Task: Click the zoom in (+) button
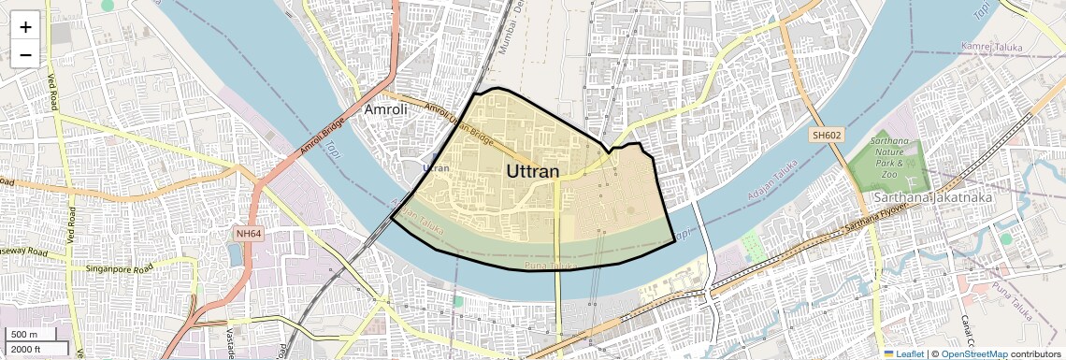pos(25,26)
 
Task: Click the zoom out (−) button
pos(25,54)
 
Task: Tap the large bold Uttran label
pos(533,172)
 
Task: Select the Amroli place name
pos(386,110)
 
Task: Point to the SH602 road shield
pos(826,136)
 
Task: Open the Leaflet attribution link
pos(903,354)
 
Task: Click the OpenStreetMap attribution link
pos(973,354)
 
